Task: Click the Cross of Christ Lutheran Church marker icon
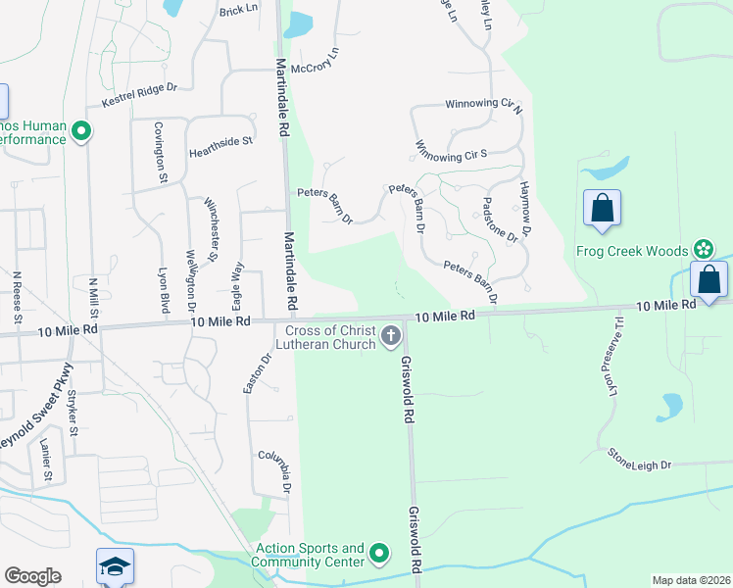click(390, 337)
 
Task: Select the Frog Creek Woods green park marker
click(703, 251)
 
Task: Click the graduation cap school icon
click(115, 566)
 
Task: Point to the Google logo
click(32, 576)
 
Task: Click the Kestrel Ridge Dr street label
click(139, 95)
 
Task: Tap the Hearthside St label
click(220, 141)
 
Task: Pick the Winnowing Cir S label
click(452, 154)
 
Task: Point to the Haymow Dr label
click(525, 209)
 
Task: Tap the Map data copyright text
click(692, 580)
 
